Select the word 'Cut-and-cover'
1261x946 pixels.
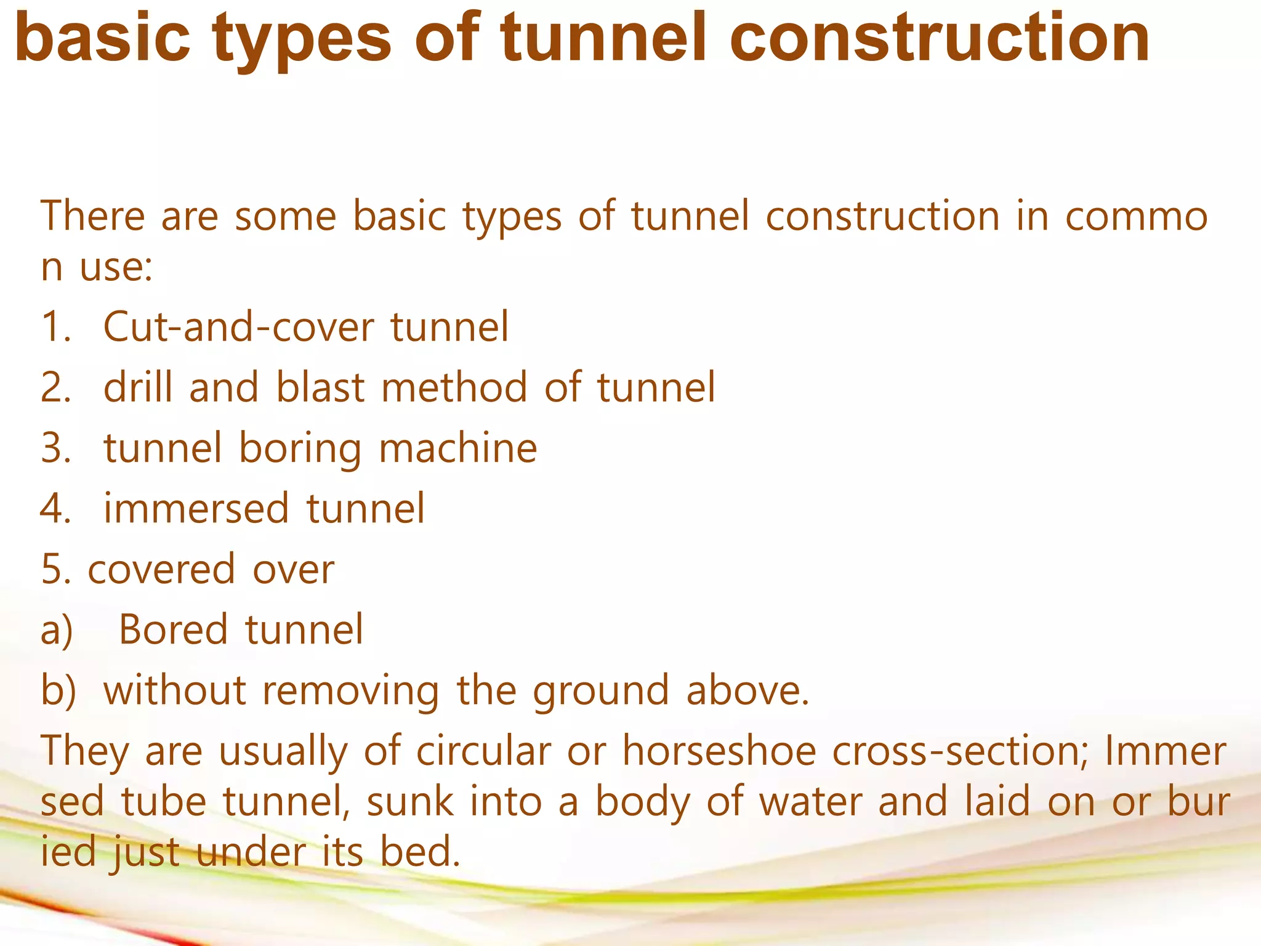(x=238, y=327)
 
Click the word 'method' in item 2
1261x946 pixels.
(x=454, y=387)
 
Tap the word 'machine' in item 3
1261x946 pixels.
(x=457, y=448)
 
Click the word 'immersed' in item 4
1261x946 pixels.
(x=196, y=509)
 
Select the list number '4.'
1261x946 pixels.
(x=55, y=509)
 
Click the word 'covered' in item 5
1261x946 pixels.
(x=161, y=570)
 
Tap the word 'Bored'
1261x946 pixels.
(x=173, y=629)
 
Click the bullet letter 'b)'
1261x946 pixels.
(x=58, y=690)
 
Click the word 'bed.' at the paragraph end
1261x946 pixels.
(x=420, y=852)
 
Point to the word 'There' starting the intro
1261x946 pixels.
(x=93, y=216)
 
